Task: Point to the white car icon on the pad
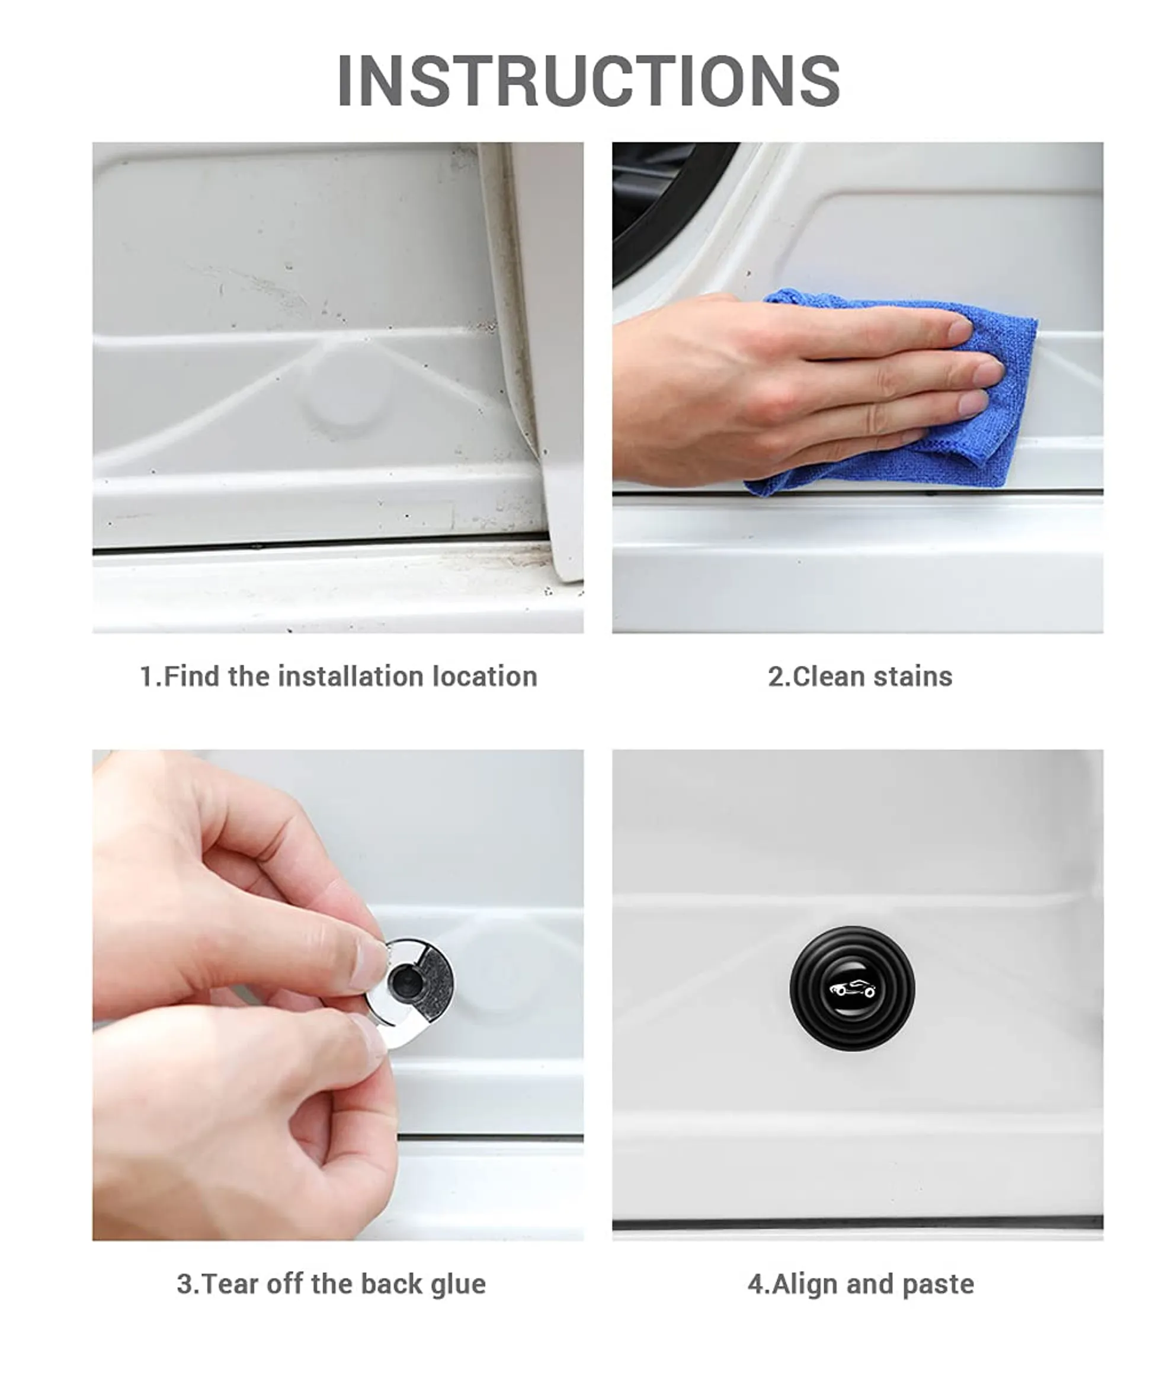(852, 988)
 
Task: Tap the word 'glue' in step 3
(458, 1284)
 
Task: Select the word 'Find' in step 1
(191, 677)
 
